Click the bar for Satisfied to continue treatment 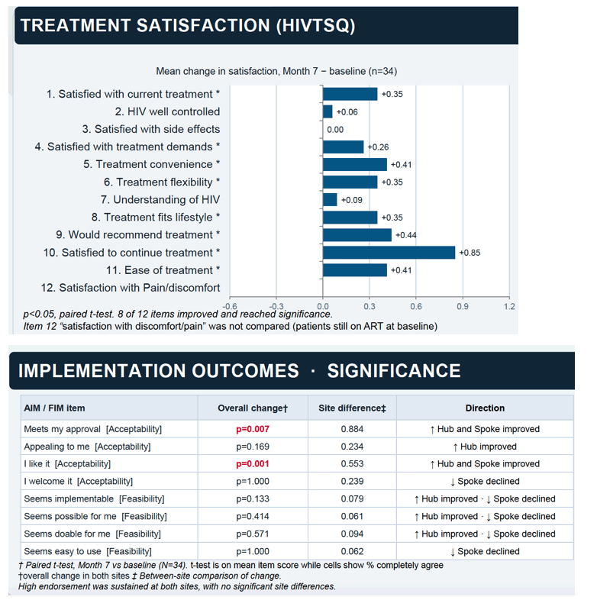point(389,253)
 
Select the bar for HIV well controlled point(328,111)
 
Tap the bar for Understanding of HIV point(330,200)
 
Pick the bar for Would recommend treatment point(357,235)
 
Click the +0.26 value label point(378,147)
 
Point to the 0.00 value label point(335,130)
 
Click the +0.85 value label point(470,253)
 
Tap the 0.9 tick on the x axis point(463,306)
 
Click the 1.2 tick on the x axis point(509,306)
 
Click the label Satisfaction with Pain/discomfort point(131,288)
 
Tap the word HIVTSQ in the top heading point(316,26)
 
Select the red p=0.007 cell point(253,429)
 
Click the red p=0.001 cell point(253,464)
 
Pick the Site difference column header point(352,408)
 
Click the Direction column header point(485,408)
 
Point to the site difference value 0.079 point(352,498)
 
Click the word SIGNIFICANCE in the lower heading point(394,370)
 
